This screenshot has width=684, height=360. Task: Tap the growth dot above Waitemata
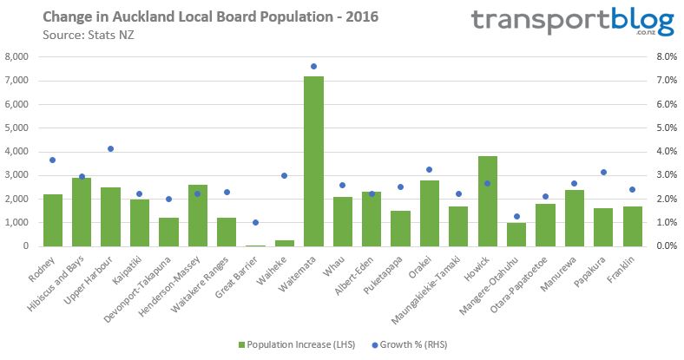point(313,67)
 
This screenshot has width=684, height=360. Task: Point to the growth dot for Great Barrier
point(255,223)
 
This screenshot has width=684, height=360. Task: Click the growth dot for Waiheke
point(284,175)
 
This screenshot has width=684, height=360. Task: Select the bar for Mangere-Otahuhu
point(516,234)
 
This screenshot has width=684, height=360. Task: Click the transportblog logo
point(572,22)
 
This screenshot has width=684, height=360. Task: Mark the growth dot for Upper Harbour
point(110,148)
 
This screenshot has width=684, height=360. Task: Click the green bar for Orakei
point(429,213)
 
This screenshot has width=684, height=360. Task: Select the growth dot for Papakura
point(603,172)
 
